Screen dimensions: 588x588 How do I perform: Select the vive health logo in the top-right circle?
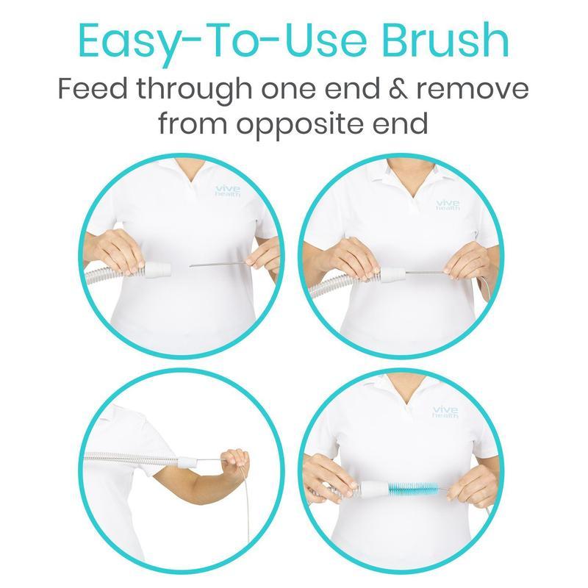pos(448,205)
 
